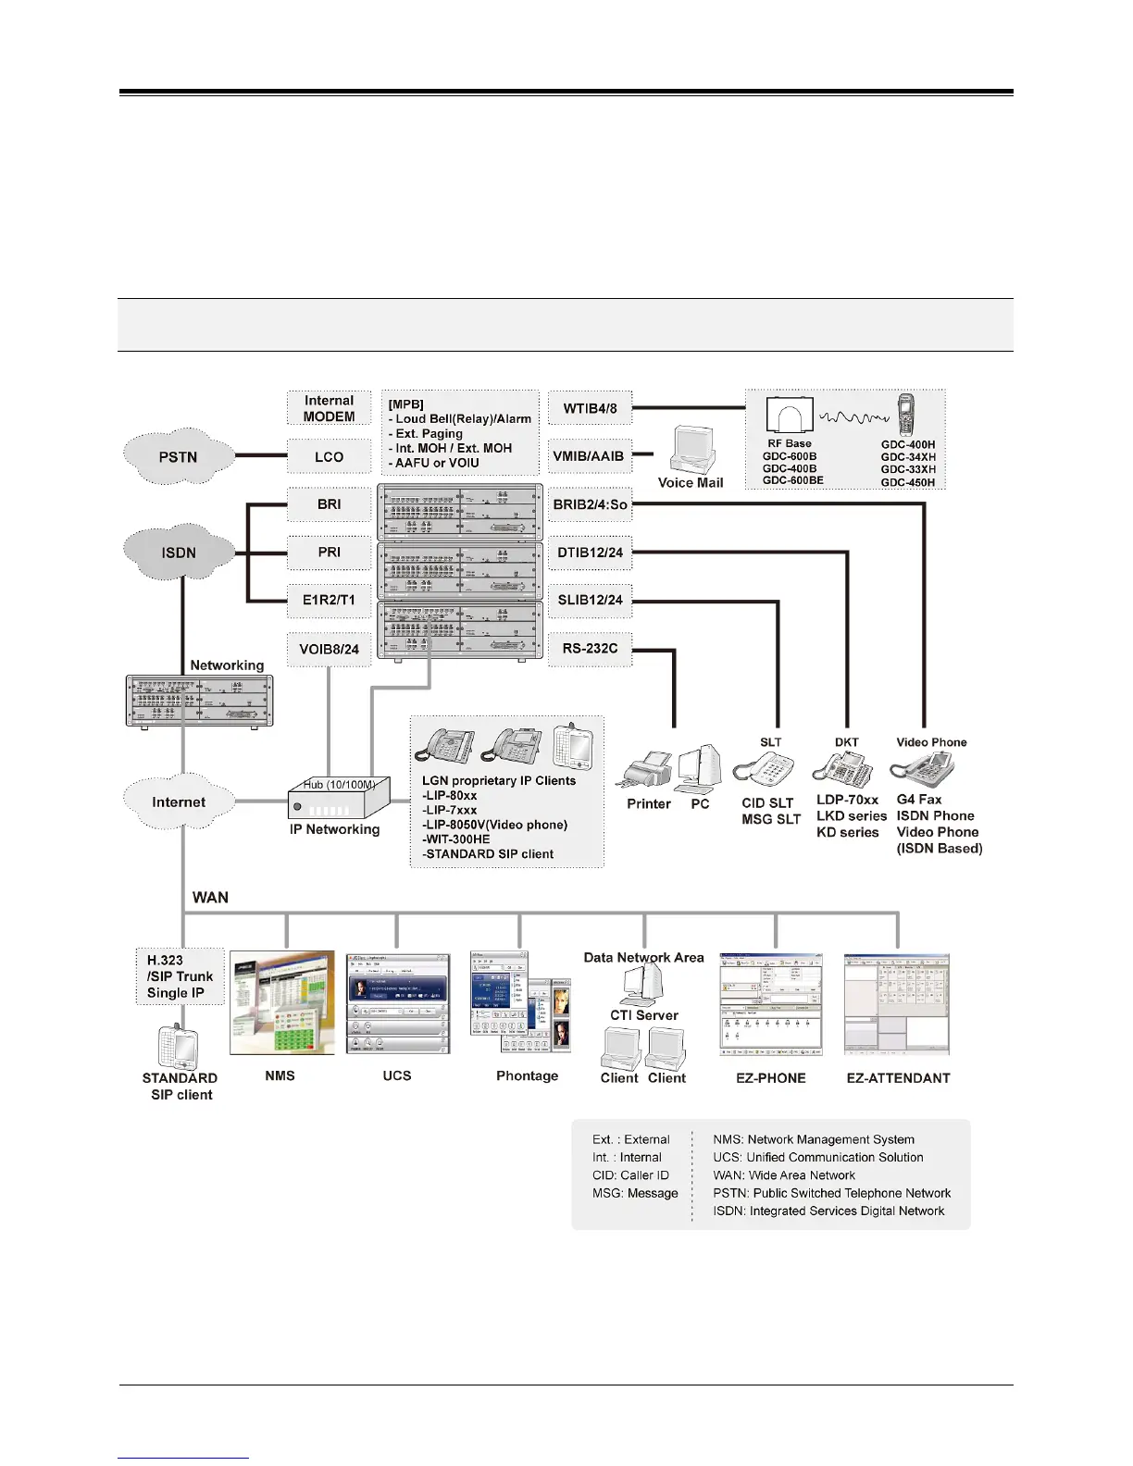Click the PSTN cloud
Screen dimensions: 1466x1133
pos(178,456)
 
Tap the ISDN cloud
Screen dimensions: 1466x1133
pos(179,553)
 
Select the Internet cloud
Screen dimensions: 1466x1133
pos(179,802)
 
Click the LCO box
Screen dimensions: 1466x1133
pos(329,456)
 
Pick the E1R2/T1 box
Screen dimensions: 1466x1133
pos(329,600)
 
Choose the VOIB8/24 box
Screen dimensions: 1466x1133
pos(329,649)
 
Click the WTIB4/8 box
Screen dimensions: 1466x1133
pos(590,408)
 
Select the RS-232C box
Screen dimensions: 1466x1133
pos(590,649)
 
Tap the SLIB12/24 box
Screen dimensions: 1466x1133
pos(590,600)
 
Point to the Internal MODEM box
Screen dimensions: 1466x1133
pos(329,408)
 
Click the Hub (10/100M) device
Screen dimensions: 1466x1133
pos(339,798)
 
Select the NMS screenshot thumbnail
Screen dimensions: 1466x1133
pos(282,1003)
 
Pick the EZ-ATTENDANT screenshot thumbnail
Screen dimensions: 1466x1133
pos(897,1005)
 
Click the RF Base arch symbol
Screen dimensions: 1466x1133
pos(790,416)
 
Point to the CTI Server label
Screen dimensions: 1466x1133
pos(644,1015)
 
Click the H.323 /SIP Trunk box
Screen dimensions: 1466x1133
pos(181,976)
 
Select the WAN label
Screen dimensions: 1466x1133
pos(210,897)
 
